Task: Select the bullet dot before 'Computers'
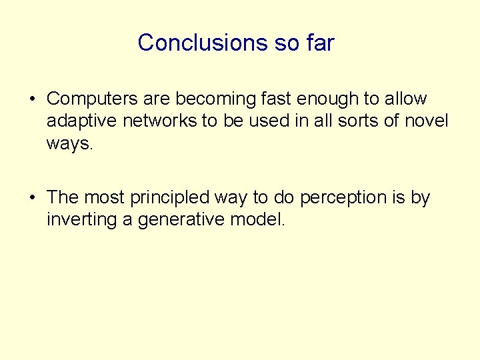(32, 100)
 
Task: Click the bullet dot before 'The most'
(32, 199)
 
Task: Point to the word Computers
(90, 99)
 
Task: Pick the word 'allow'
(405, 99)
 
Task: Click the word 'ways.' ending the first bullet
(68, 143)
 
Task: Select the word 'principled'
(171, 198)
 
